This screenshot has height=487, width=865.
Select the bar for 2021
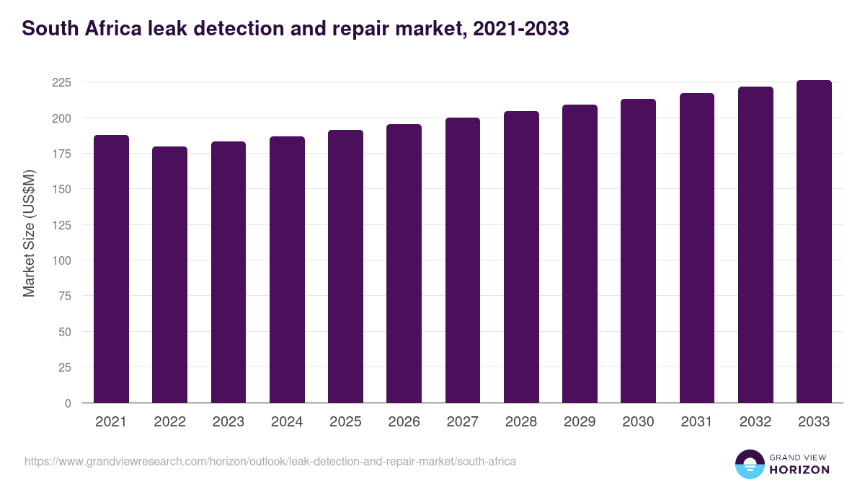pos(111,268)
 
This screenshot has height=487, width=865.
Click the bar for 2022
pos(169,274)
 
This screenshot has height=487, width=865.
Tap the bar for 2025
pos(345,266)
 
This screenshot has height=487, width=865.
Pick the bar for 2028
pos(521,257)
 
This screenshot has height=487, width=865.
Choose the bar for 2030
pos(638,250)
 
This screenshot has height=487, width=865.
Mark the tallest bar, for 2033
pos(814,241)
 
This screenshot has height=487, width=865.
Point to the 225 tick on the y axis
pos(61,82)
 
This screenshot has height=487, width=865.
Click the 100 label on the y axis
pos(61,260)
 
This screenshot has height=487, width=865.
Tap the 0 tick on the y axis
pos(68,403)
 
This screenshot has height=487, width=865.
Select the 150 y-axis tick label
pos(61,189)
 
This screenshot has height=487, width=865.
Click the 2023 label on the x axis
pos(228,422)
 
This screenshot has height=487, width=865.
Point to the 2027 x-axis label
pos(462,422)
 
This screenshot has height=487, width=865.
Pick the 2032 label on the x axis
pos(755,422)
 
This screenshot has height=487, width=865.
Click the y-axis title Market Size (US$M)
pos(29,233)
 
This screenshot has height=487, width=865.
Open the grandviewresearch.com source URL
pos(270,461)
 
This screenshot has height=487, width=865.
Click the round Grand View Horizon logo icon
pos(749,464)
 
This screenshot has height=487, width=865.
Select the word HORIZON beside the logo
pos(799,470)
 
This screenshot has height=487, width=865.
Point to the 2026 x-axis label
pos(404,422)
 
